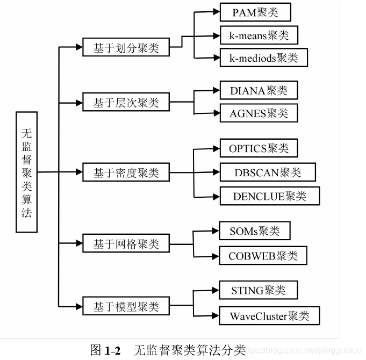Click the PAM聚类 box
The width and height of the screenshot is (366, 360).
[256, 12]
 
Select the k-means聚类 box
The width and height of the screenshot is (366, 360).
[259, 35]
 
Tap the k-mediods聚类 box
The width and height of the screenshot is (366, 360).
[263, 57]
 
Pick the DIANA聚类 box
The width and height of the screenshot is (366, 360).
[259, 90]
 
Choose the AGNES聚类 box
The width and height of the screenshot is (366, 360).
[259, 113]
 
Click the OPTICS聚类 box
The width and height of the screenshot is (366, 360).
[259, 148]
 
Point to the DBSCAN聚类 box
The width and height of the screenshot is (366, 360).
[268, 172]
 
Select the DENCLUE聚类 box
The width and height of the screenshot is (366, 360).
[269, 196]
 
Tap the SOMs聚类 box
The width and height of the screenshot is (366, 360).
[255, 232]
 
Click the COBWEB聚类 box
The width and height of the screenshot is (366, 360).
[263, 256]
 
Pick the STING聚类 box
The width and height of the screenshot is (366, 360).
[258, 291]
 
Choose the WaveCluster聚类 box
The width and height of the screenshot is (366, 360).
[269, 315]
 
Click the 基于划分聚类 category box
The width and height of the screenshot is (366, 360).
[126, 48]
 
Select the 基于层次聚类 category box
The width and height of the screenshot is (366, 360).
[126, 102]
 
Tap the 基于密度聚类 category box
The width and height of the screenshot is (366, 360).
[126, 173]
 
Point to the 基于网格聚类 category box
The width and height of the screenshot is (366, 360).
[126, 244]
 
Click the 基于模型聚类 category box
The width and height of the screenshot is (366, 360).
[126, 307]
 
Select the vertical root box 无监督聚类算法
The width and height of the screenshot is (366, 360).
[26, 172]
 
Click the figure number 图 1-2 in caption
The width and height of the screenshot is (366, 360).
[105, 350]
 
